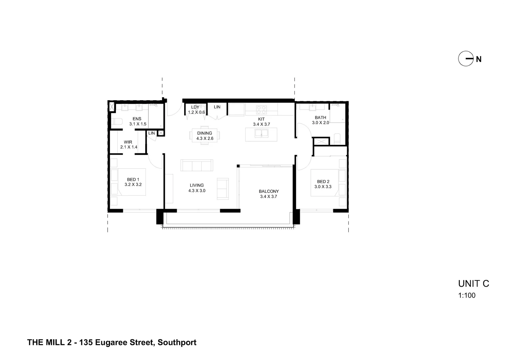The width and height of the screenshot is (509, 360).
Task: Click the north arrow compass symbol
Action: click(x=466, y=59)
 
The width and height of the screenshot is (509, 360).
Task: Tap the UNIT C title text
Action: click(x=473, y=284)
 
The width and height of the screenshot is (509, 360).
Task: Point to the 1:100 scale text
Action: click(x=467, y=295)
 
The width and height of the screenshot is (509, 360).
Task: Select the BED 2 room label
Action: click(x=323, y=182)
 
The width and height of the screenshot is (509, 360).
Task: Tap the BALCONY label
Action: click(x=268, y=191)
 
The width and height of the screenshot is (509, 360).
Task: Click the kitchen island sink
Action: click(x=261, y=134)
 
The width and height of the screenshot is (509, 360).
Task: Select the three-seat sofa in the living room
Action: click(x=197, y=165)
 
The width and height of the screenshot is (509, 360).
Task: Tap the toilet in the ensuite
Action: click(x=116, y=121)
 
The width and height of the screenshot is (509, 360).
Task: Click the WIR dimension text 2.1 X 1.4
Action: click(x=129, y=147)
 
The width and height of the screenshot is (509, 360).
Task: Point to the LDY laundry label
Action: click(x=195, y=107)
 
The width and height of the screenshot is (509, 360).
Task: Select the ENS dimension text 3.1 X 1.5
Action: click(x=138, y=124)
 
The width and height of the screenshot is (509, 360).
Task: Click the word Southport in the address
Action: click(x=177, y=342)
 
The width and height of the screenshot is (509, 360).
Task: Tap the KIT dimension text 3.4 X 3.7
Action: click(x=261, y=124)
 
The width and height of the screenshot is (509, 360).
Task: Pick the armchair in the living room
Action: click(x=223, y=189)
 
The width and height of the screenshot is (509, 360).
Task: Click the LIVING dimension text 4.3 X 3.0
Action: click(x=197, y=191)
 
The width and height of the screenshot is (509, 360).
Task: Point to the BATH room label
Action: click(x=320, y=117)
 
